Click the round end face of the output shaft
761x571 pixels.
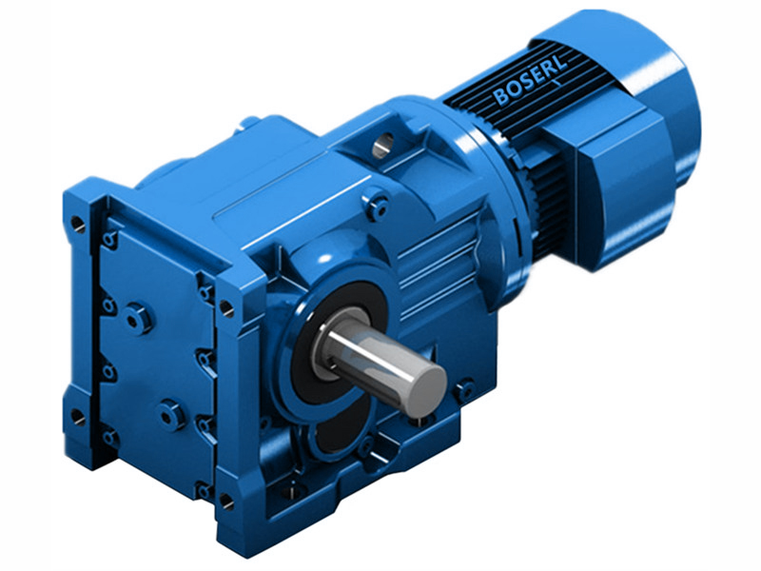click(x=424, y=387)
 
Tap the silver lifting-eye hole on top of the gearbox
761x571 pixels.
click(x=382, y=145)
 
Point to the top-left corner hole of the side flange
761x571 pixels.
click(x=76, y=225)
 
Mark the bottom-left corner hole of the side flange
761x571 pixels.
click(x=77, y=417)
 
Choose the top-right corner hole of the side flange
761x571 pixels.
click(x=227, y=307)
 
